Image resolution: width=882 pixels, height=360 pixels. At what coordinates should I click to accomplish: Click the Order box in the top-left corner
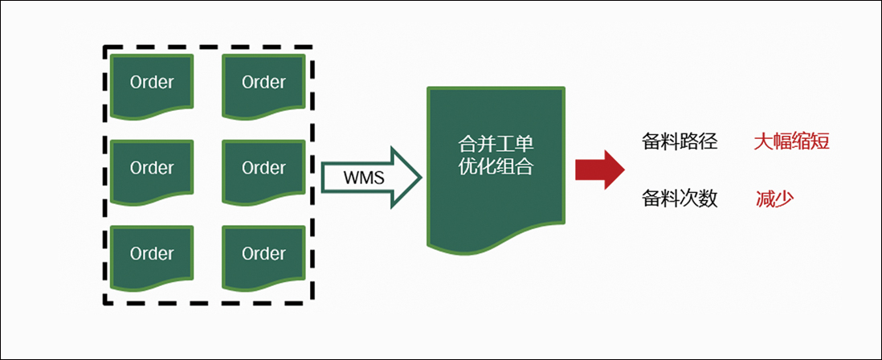tap(152, 82)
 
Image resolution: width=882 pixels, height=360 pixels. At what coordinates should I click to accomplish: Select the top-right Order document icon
tap(263, 82)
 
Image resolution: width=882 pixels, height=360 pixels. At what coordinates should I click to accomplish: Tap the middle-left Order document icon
tap(152, 168)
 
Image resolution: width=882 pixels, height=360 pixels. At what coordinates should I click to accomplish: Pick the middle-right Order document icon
tap(263, 168)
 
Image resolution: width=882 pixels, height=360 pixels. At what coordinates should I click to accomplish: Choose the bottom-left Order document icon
tap(152, 254)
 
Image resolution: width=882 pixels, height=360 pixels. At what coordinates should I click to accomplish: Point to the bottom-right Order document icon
tap(263, 254)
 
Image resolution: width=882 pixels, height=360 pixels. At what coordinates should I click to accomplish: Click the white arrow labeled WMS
tap(370, 177)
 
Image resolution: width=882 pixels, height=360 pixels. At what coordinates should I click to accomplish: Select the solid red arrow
tap(599, 169)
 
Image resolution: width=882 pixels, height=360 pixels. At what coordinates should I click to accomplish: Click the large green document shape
tap(495, 161)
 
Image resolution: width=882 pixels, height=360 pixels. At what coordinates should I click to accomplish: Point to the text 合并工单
tap(495, 145)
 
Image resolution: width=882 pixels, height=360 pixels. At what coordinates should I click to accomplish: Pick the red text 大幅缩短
tap(791, 142)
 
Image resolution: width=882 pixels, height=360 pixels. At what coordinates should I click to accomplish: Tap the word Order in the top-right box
tap(263, 82)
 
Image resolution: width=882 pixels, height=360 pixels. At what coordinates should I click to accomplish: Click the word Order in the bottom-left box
tap(152, 254)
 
